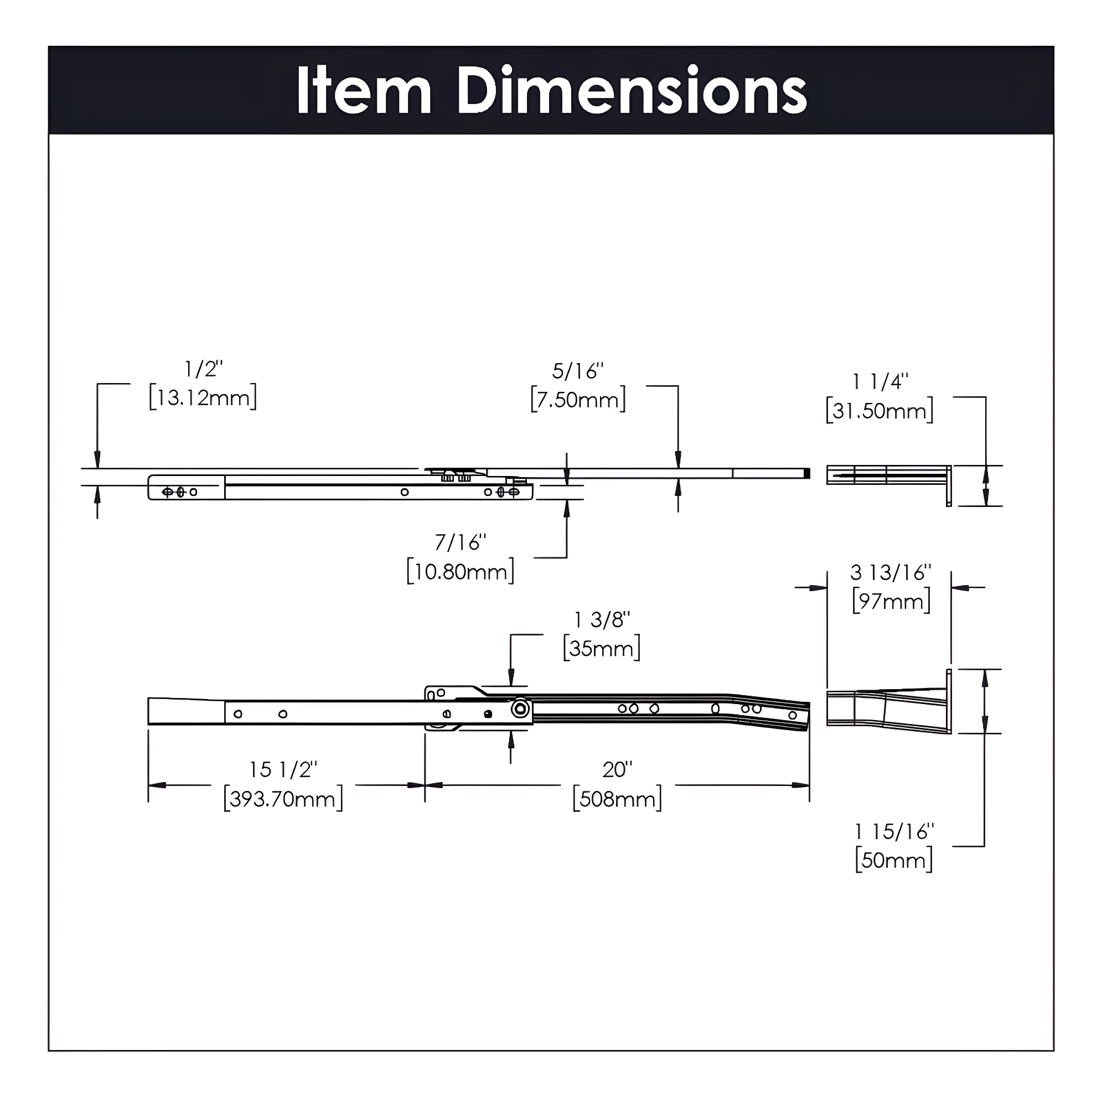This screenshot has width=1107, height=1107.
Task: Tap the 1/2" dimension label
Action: tap(203, 370)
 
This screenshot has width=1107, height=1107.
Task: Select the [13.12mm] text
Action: tap(203, 397)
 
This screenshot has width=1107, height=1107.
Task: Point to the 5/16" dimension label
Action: tap(577, 372)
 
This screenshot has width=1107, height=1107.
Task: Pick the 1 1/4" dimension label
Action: tap(880, 382)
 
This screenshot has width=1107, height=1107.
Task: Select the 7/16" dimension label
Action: tap(460, 542)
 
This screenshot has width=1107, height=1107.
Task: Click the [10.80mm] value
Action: tap(461, 572)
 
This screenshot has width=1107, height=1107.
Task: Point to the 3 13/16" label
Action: tap(891, 572)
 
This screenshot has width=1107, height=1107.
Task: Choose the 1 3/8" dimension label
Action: tap(602, 620)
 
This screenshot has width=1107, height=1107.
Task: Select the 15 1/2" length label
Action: tap(283, 769)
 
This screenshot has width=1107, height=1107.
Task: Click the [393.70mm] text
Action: tap(283, 799)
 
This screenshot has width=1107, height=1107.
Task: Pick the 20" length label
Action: tap(617, 769)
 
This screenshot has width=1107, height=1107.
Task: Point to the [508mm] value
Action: tap(617, 799)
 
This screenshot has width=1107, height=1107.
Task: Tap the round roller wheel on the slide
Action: tap(520, 710)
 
